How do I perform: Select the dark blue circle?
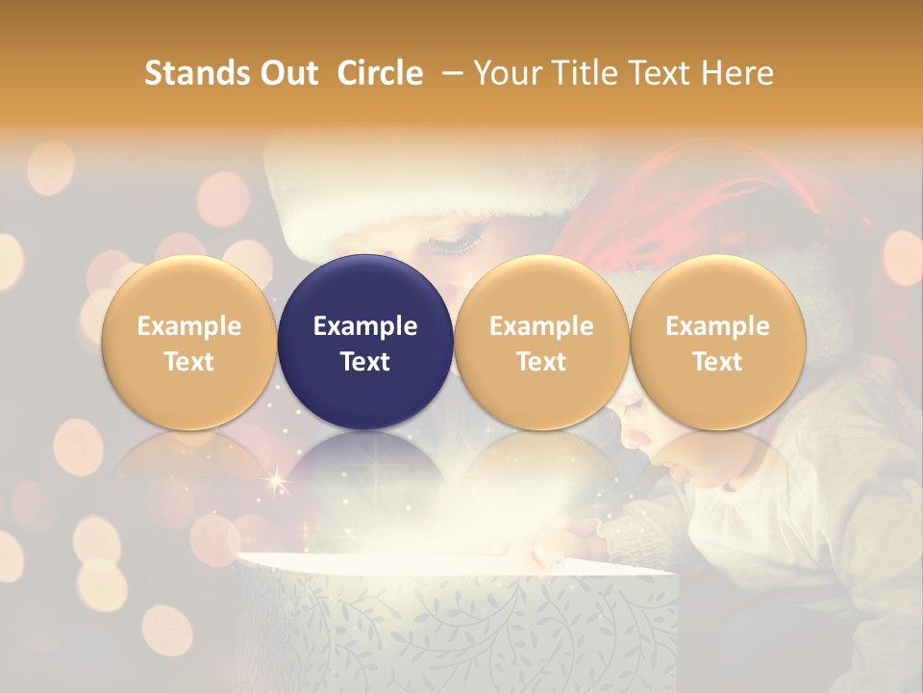point(365,342)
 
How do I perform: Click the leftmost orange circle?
point(189,342)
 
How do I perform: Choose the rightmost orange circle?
point(718,342)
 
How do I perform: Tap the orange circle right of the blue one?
point(541,342)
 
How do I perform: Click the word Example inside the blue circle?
point(365,326)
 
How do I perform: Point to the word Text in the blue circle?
point(365,361)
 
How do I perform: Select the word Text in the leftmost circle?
point(189,361)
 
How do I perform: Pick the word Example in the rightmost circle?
point(718,326)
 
